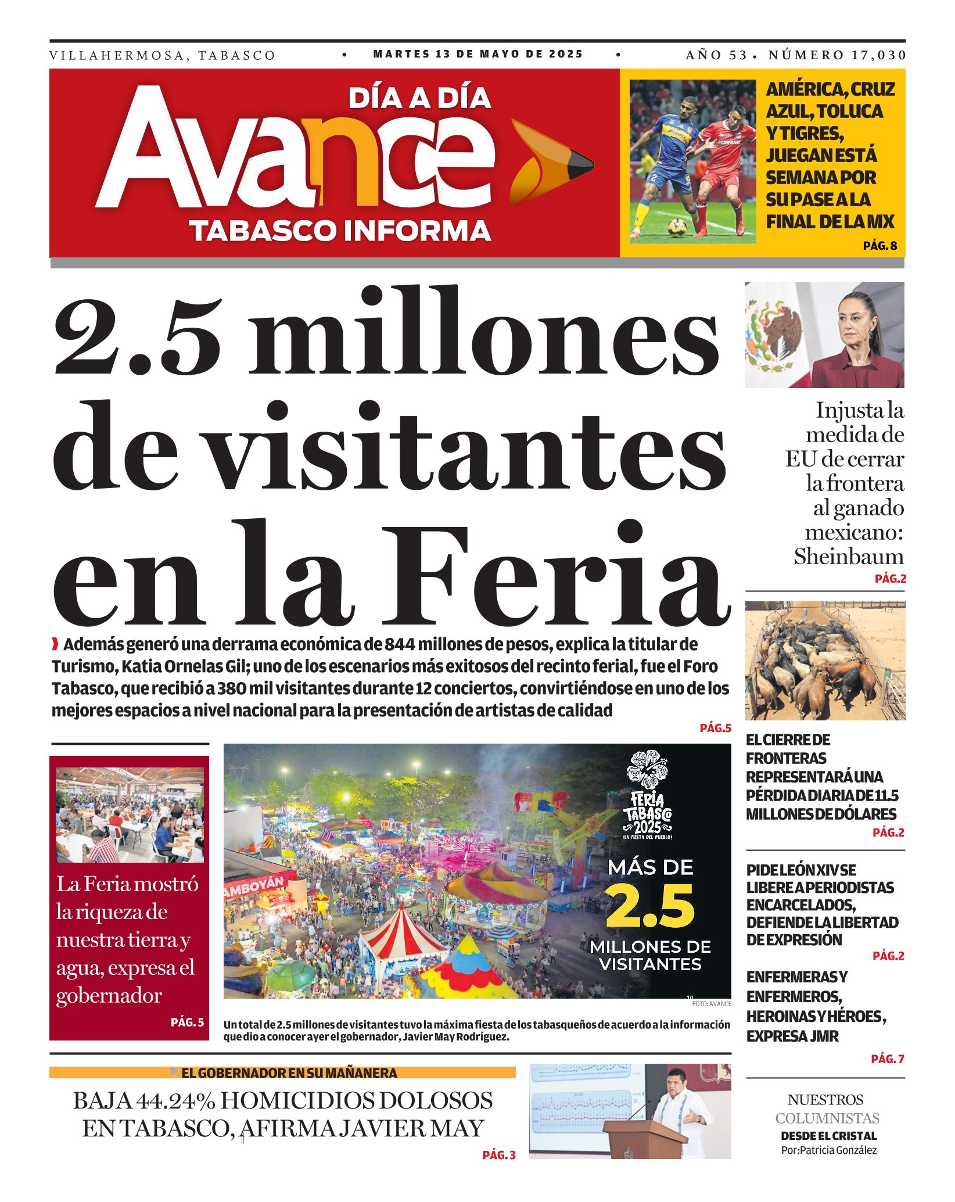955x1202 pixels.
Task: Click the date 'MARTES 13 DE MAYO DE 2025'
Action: pyautogui.click(x=478, y=54)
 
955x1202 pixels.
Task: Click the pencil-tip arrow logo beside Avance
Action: pyautogui.click(x=550, y=163)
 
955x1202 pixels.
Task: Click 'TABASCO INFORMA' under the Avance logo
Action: pyautogui.click(x=340, y=231)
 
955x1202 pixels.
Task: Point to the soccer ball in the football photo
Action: pyautogui.click(x=677, y=227)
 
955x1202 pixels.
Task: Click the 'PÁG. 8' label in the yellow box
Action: pyautogui.click(x=879, y=246)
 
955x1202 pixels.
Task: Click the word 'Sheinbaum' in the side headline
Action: pyautogui.click(x=849, y=557)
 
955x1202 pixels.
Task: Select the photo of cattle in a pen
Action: pyautogui.click(x=825, y=661)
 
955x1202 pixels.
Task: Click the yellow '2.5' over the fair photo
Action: pyautogui.click(x=650, y=906)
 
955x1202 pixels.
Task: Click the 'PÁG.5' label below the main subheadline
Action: pyautogui.click(x=715, y=728)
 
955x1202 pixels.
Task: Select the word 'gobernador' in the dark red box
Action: pyautogui.click(x=109, y=995)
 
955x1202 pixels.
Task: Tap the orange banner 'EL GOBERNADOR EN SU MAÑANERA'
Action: pyautogui.click(x=282, y=1072)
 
